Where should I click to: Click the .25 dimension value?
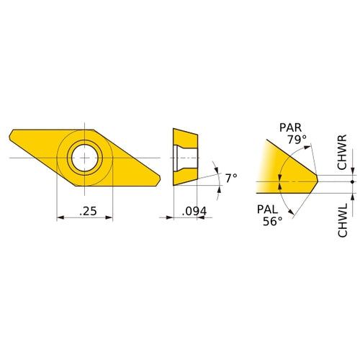[x=88, y=211]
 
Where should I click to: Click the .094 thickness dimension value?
[x=194, y=211]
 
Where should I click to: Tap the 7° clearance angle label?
[x=231, y=178]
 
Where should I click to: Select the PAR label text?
[x=290, y=127]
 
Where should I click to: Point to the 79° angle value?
[x=297, y=139]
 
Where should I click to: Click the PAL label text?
[x=267, y=210]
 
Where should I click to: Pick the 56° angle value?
[x=273, y=221]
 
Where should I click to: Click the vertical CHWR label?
[x=342, y=152]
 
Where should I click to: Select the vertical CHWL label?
[x=343, y=220]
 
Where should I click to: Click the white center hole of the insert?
[x=85, y=158]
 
